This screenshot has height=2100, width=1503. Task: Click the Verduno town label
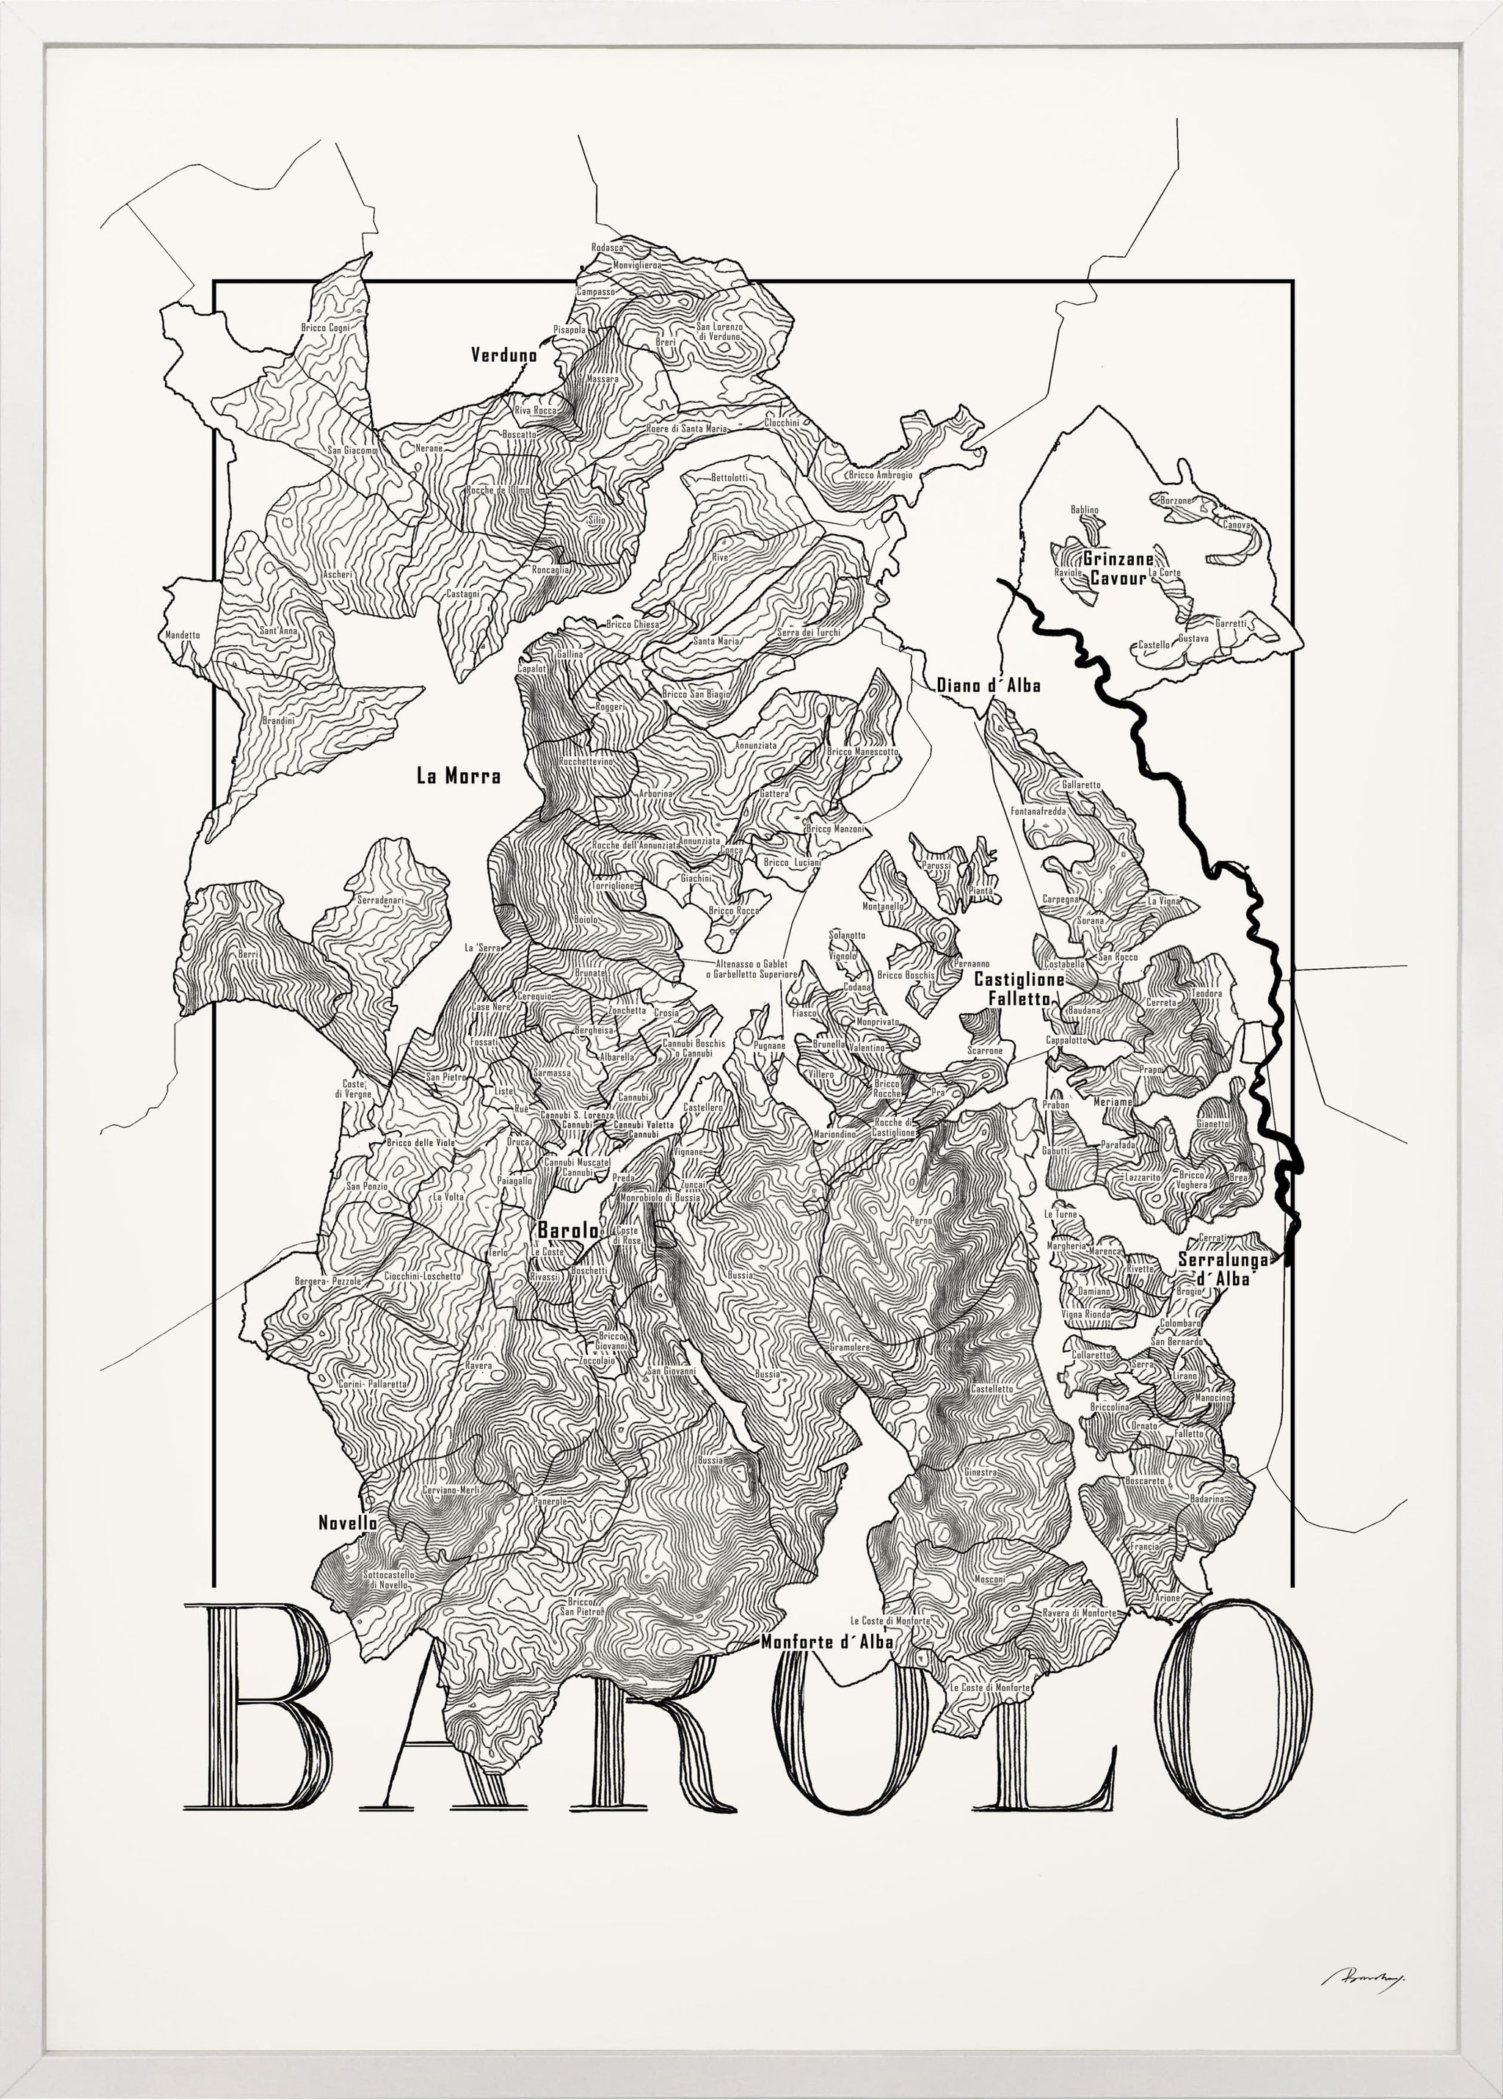click(503, 355)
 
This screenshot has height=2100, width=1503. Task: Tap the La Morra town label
click(458, 777)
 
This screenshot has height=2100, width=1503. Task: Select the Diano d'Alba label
click(989, 686)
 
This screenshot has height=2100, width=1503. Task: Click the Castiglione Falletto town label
click(1018, 989)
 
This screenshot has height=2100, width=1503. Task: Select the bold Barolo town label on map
click(567, 1231)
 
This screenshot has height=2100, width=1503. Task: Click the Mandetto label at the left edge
click(181, 635)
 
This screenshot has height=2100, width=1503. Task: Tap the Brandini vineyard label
click(277, 720)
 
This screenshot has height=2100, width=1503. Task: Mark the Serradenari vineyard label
click(382, 898)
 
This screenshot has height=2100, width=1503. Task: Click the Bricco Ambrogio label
click(880, 475)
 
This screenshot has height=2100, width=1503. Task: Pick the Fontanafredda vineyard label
click(1038, 811)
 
